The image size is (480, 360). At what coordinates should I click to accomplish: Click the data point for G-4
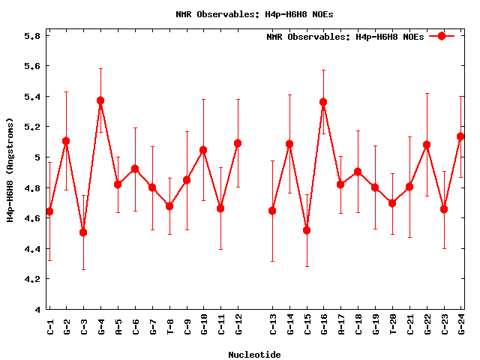[100, 100]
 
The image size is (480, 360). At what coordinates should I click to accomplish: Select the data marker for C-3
[83, 232]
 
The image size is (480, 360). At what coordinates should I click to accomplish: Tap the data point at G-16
[323, 102]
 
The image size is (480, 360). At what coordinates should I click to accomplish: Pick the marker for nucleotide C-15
[307, 230]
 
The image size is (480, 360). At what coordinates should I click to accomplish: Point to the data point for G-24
[460, 136]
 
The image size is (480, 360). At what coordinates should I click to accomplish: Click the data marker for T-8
[169, 206]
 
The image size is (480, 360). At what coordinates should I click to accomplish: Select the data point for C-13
[272, 211]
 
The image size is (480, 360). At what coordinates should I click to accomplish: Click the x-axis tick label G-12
[238, 324]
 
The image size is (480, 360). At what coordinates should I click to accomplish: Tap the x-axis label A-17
[341, 324]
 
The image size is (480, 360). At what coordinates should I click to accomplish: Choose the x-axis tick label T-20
[393, 324]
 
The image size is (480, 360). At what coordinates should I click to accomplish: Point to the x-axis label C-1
[49, 324]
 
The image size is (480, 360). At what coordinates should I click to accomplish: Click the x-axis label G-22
[427, 324]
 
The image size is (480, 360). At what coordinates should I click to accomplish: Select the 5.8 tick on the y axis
[31, 35]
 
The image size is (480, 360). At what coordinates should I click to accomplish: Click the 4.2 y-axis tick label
[31, 279]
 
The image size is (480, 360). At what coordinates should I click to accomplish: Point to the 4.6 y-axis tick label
[31, 218]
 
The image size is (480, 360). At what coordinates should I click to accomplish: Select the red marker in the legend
[442, 36]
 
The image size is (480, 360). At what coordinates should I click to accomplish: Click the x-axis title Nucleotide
[255, 355]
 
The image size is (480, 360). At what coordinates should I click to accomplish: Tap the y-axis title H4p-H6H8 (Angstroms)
[10, 169]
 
